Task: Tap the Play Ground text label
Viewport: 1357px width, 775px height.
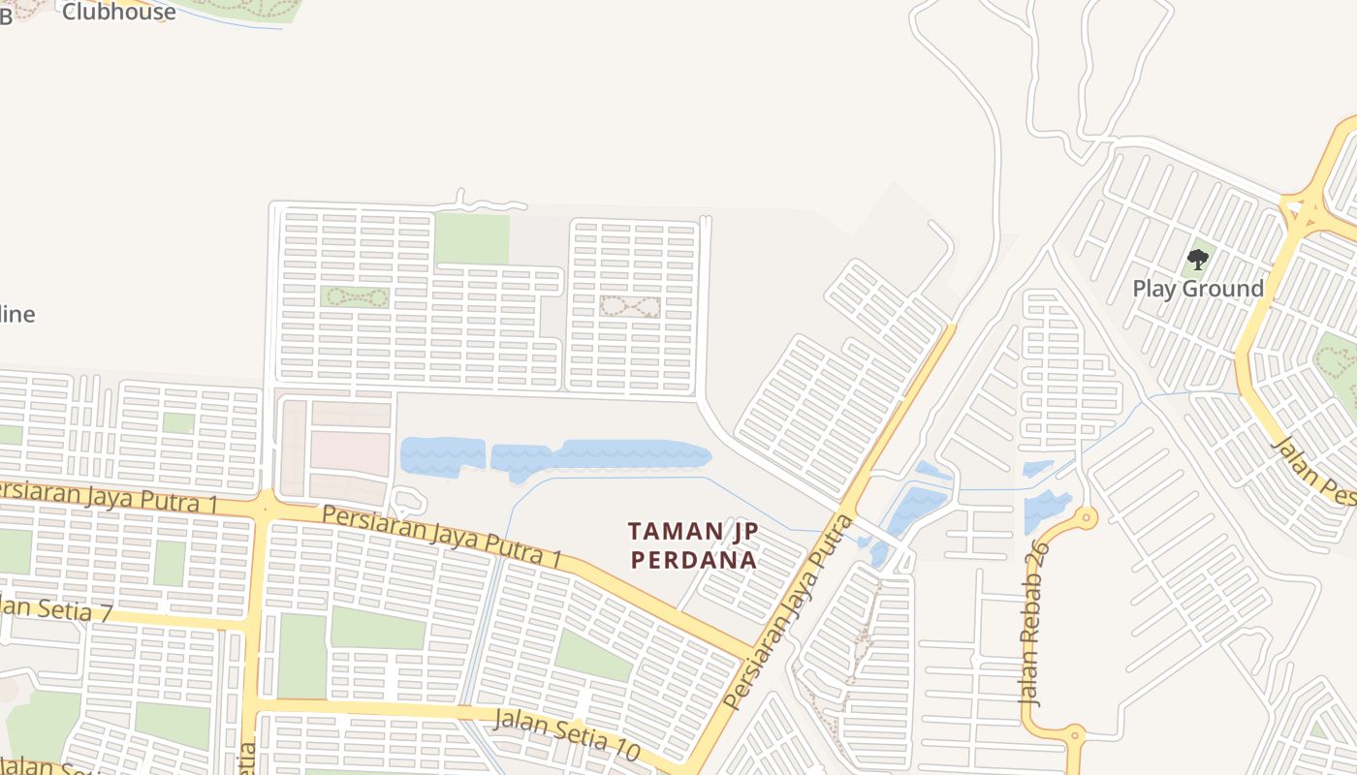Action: pyautogui.click(x=1198, y=289)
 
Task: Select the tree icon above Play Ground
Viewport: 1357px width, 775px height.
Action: pyautogui.click(x=1198, y=259)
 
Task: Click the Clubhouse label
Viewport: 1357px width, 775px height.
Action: pyautogui.click(x=118, y=12)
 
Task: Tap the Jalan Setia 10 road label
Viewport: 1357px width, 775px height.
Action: pyautogui.click(x=567, y=733)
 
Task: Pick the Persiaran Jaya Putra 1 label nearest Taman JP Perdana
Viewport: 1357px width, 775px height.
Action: pyautogui.click(x=442, y=535)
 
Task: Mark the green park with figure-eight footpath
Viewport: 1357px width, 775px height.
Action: pyautogui.click(x=355, y=297)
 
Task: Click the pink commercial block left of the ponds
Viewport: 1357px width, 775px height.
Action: pyautogui.click(x=349, y=452)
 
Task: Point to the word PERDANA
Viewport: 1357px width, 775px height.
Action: pyautogui.click(x=693, y=560)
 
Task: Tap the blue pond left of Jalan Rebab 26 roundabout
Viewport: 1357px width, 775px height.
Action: pyautogui.click(x=1045, y=511)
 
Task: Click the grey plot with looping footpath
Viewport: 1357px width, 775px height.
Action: pyautogui.click(x=630, y=307)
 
